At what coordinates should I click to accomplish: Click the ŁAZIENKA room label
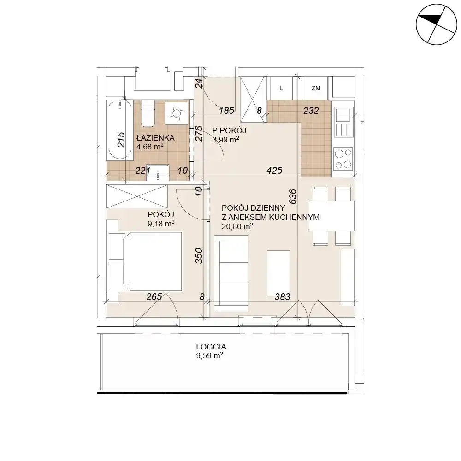(x=155, y=137)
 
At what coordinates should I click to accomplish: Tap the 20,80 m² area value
(x=237, y=226)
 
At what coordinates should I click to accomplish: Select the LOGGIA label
(x=211, y=347)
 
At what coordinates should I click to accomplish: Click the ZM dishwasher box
(x=316, y=88)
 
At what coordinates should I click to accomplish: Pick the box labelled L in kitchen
(x=281, y=88)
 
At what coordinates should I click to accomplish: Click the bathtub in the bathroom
(x=120, y=130)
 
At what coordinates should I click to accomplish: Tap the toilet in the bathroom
(x=148, y=113)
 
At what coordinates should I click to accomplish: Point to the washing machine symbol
(x=177, y=113)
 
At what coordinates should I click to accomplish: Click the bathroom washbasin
(x=158, y=171)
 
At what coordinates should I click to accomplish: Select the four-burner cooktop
(x=343, y=159)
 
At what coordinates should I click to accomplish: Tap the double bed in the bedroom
(x=146, y=261)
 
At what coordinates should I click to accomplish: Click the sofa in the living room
(x=231, y=273)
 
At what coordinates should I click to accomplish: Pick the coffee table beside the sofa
(x=278, y=273)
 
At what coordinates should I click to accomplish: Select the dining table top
(x=331, y=216)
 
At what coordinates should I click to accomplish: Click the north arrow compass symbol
(x=436, y=24)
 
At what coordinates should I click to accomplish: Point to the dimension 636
(x=293, y=196)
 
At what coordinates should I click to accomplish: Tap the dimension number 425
(x=274, y=170)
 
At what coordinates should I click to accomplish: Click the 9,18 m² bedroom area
(x=161, y=224)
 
